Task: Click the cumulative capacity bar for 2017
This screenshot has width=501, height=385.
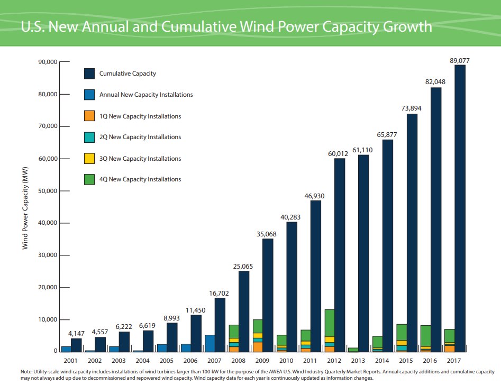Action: [x=460, y=208]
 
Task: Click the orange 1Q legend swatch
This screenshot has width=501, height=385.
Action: [x=89, y=116]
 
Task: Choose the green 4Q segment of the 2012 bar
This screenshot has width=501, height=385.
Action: [x=330, y=323]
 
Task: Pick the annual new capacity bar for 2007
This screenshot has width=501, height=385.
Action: [x=209, y=343]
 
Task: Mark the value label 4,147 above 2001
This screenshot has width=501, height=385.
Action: [x=77, y=333]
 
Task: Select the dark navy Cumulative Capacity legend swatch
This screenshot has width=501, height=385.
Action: [x=89, y=74]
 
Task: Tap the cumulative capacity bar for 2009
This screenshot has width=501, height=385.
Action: [x=268, y=295]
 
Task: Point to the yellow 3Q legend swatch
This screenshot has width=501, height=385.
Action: [x=89, y=159]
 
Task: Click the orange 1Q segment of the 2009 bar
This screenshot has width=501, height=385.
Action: [x=258, y=346]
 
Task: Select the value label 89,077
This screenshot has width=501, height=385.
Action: [x=459, y=60]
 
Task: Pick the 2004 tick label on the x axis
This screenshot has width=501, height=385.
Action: [x=143, y=361]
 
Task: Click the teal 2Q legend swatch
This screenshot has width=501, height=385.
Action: [x=89, y=137]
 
